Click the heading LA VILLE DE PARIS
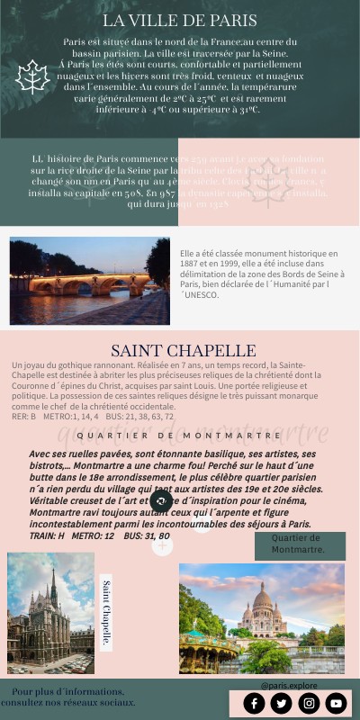tap(180, 20)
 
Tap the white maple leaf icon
tap(33, 77)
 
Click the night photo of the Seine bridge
tap(89, 280)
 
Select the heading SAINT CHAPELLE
tap(183, 350)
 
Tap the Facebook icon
tap(255, 703)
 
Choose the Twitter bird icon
tap(282, 703)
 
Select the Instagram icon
tap(310, 703)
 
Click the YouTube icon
tap(337, 703)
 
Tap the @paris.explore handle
tap(289, 685)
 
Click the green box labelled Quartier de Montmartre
tap(299, 544)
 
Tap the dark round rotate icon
tap(162, 501)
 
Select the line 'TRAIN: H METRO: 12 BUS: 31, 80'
tap(99, 535)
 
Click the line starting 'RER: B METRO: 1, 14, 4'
tap(93, 417)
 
